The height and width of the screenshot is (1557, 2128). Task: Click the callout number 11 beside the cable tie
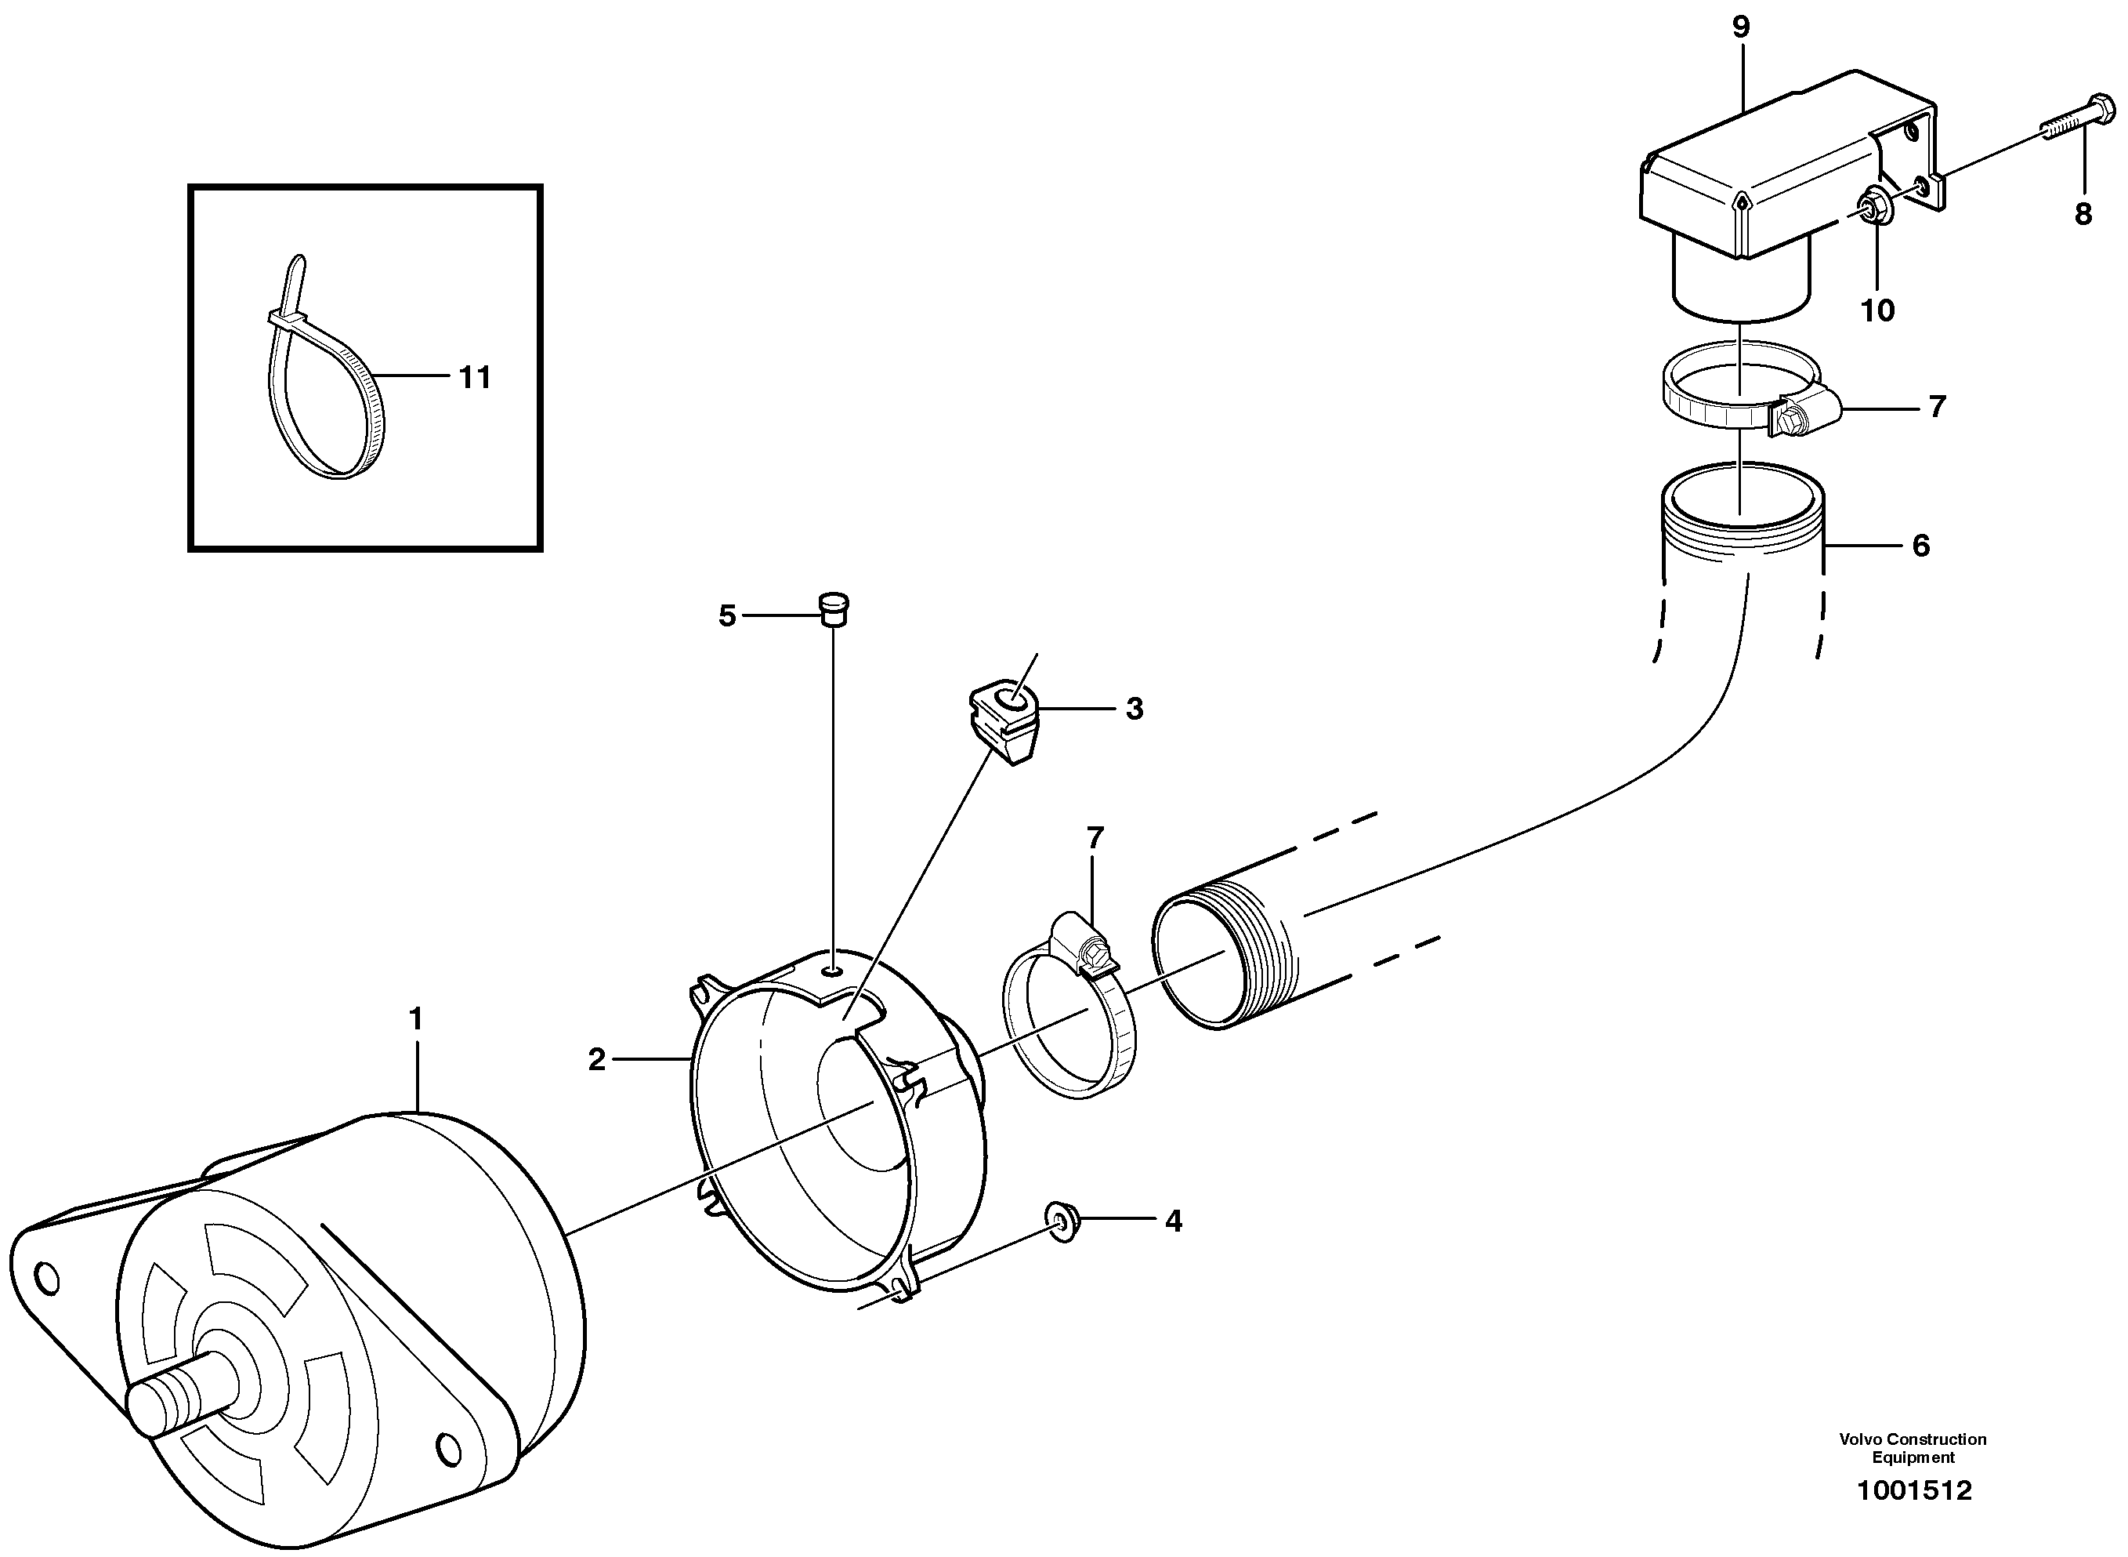(475, 378)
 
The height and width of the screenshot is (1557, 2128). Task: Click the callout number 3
(1135, 709)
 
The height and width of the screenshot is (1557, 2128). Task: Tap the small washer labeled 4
(1063, 1223)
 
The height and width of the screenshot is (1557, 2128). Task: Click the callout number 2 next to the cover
(596, 1059)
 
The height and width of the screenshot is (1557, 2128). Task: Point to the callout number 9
(1741, 27)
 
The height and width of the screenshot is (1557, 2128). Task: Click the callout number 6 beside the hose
(1920, 546)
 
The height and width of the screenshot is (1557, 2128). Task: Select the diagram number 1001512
(1913, 1518)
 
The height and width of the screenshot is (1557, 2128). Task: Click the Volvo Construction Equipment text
(1913, 1448)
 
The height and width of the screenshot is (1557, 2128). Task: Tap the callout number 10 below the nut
(1877, 310)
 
